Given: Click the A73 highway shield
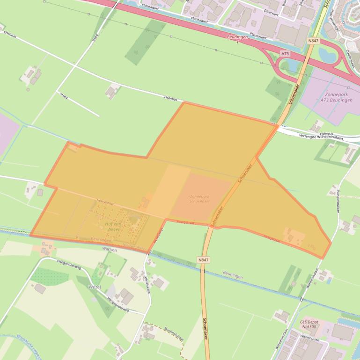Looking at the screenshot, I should click(285, 54).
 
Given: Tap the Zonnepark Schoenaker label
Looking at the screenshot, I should click(198, 198).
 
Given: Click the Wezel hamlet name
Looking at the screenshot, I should click(94, 287).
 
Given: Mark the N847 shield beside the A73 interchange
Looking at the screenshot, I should click(313, 41).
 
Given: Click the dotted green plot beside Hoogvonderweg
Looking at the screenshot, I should click(49, 275).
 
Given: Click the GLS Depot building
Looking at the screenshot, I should click(343, 332).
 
